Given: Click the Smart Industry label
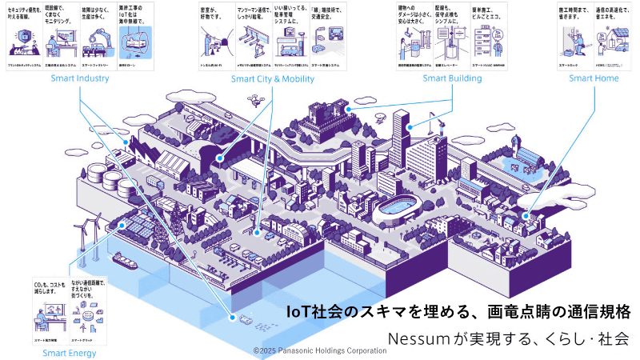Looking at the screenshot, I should tap(80, 78).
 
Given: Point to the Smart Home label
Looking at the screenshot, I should tap(594, 78).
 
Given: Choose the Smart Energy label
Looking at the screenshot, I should tap(70, 352).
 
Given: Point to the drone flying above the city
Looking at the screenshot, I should tap(255, 100).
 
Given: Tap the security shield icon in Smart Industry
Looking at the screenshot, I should tap(23, 36).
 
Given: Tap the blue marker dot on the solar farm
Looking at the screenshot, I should tap(122, 225).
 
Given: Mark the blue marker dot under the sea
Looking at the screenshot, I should tap(234, 318).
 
